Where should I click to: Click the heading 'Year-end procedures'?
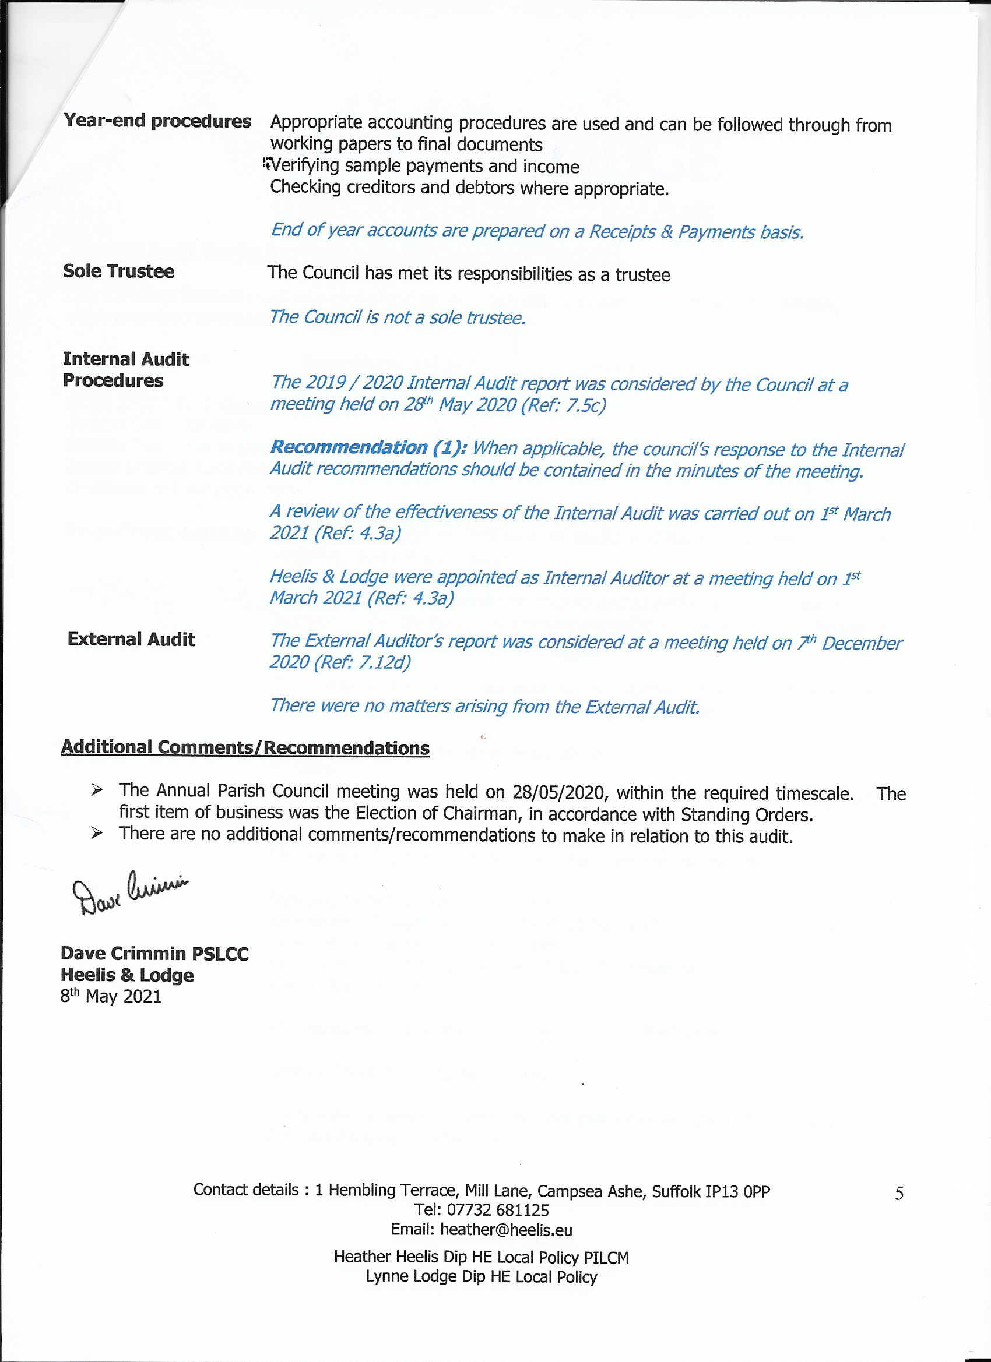(x=157, y=121)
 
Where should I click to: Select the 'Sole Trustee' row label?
(x=118, y=271)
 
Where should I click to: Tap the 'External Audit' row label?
(x=131, y=639)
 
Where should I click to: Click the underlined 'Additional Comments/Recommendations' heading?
(x=245, y=747)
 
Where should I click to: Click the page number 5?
(x=899, y=1193)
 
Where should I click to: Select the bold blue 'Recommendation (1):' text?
(x=368, y=447)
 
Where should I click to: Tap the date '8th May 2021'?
(x=111, y=997)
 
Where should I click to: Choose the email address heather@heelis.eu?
(x=506, y=1230)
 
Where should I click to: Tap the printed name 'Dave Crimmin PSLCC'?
(x=154, y=954)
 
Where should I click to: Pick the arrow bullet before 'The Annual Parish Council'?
(x=97, y=791)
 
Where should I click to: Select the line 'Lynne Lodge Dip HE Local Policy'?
(x=482, y=1277)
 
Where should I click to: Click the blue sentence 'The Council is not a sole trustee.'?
(x=397, y=317)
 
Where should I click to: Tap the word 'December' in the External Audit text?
(x=861, y=643)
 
